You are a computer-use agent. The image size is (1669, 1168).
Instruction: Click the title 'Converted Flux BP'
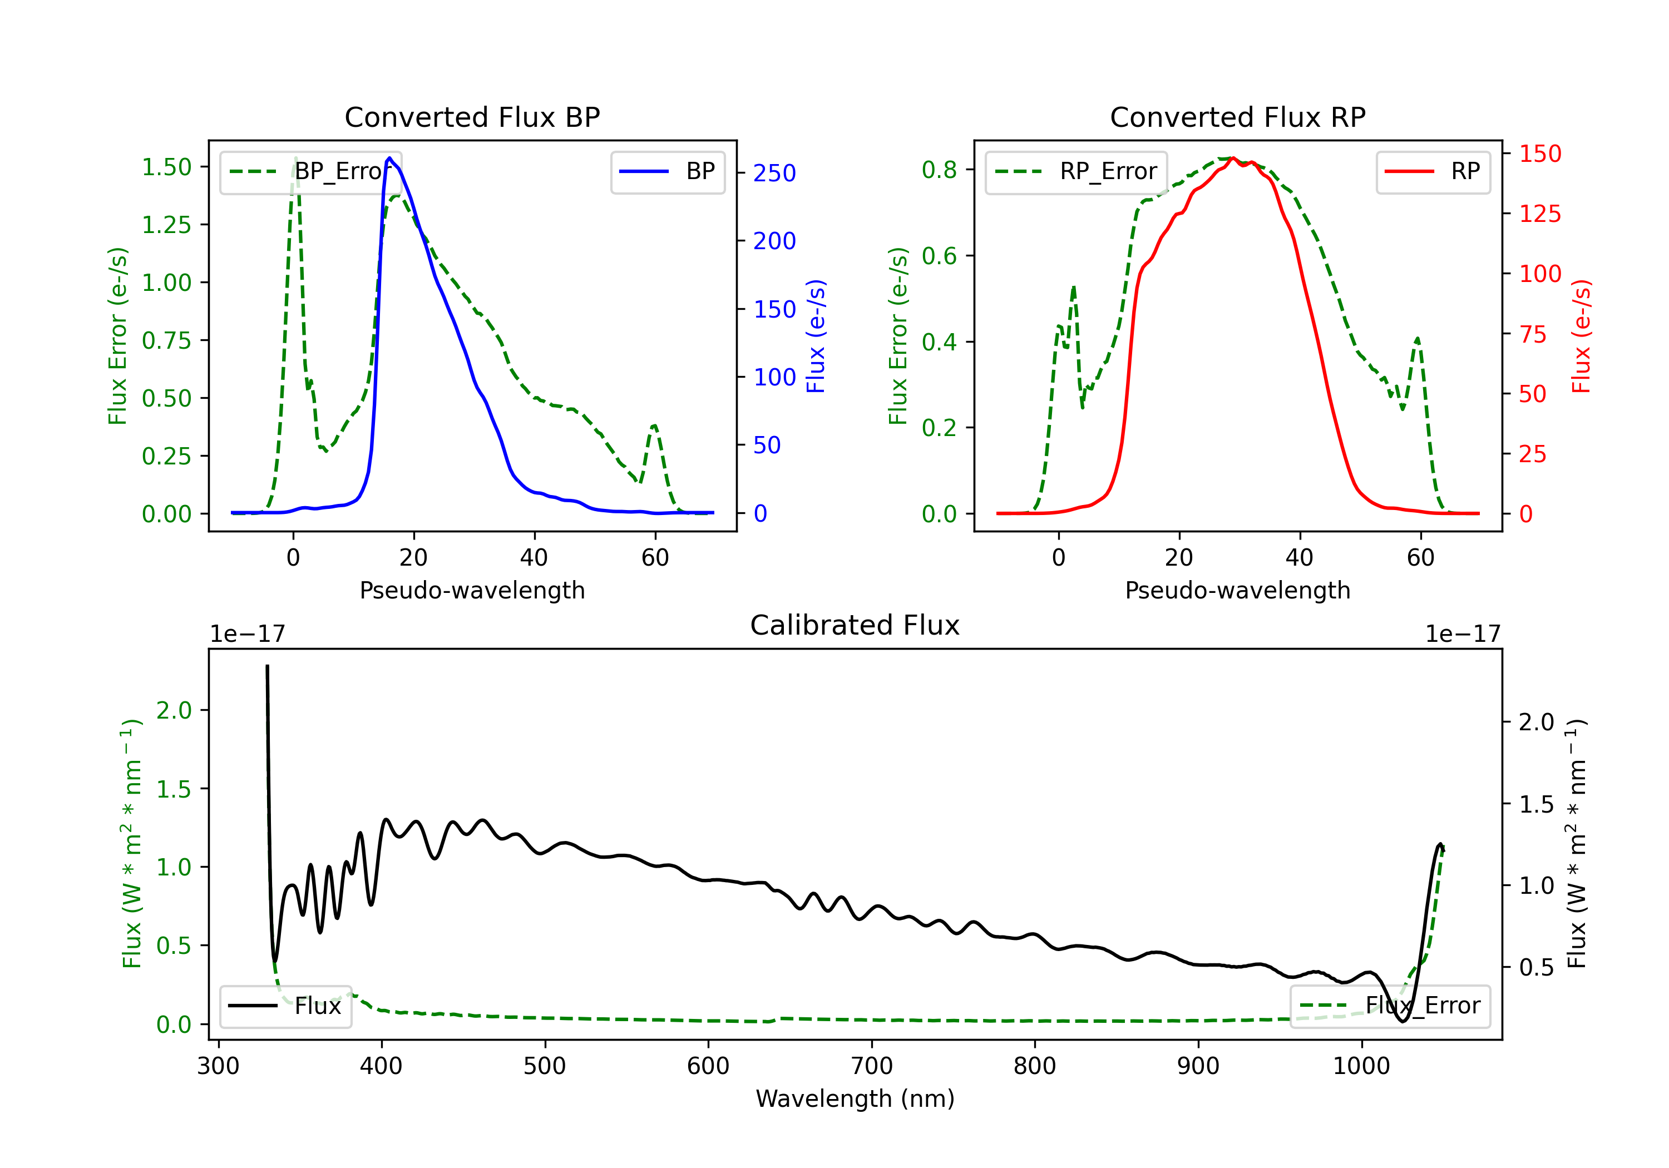(x=472, y=117)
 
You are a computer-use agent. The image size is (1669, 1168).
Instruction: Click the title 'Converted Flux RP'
(x=1237, y=117)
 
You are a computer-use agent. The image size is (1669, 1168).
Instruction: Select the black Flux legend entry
(x=285, y=1006)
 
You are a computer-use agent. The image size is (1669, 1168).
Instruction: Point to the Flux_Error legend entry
(x=1390, y=1006)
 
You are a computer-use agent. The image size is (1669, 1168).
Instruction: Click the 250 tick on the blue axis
(x=774, y=173)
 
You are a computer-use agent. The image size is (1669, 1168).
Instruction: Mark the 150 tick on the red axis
(x=1539, y=154)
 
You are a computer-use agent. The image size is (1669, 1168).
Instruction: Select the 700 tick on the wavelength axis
(x=872, y=1066)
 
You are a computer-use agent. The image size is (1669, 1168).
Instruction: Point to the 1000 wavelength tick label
(x=1361, y=1066)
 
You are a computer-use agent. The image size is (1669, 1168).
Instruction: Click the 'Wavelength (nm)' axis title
(x=855, y=1098)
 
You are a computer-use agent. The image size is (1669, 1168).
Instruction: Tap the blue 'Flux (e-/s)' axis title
(x=816, y=336)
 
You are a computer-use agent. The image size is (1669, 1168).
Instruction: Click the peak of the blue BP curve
(x=389, y=158)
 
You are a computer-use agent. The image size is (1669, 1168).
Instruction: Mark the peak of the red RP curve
(x=1233, y=159)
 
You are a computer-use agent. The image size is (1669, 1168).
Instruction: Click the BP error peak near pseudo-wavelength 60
(x=654, y=426)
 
